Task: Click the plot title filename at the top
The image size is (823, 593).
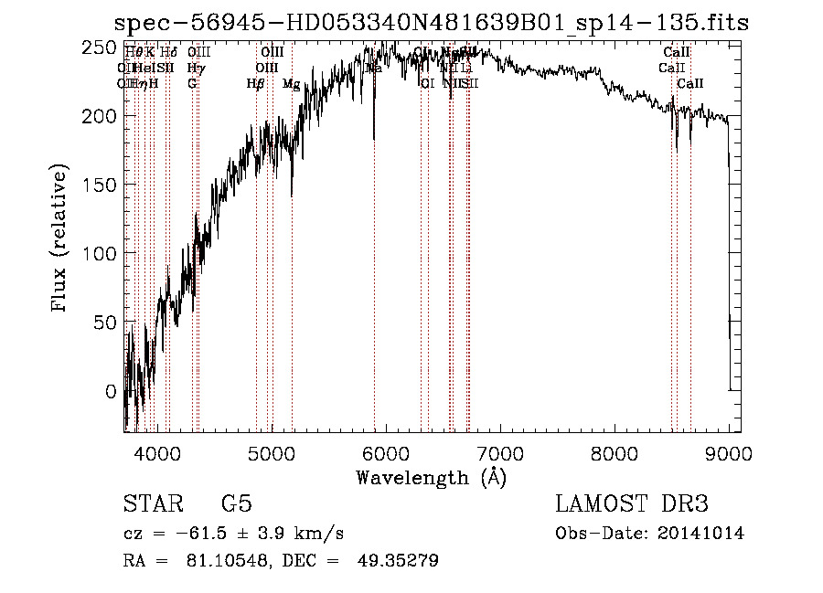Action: point(430,23)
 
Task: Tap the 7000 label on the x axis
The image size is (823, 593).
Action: point(499,451)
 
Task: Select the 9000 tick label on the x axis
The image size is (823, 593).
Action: point(728,451)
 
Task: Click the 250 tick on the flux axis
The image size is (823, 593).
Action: point(102,47)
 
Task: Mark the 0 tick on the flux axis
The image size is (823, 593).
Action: point(111,391)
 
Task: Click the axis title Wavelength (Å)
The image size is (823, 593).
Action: point(431,477)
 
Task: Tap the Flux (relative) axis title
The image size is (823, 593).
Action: point(61,240)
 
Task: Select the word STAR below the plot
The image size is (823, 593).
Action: point(149,505)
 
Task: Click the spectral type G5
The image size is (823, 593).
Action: point(236,505)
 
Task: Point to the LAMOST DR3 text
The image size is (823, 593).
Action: point(632,505)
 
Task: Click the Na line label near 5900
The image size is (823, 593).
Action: point(374,68)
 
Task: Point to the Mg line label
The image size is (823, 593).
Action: point(291,83)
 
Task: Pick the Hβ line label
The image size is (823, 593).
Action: point(256,83)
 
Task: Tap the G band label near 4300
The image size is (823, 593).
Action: point(192,83)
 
